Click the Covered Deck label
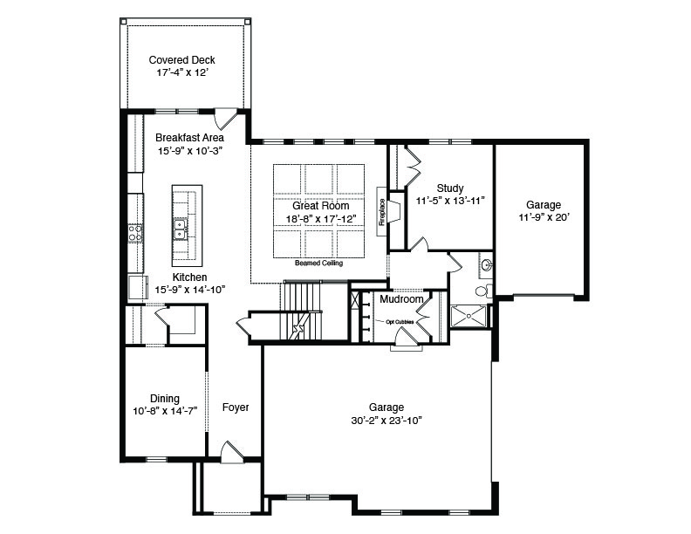click(x=181, y=60)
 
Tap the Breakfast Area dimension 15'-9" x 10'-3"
click(x=190, y=151)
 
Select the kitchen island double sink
click(x=180, y=229)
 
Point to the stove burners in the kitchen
click(x=135, y=233)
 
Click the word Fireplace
click(x=382, y=212)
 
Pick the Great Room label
click(x=321, y=206)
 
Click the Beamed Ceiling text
click(x=318, y=263)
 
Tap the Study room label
click(x=450, y=188)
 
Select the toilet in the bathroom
click(x=483, y=291)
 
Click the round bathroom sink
click(x=487, y=265)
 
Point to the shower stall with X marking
click(x=469, y=317)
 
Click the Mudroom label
click(x=401, y=299)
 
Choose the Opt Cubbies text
click(x=400, y=322)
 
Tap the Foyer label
click(x=236, y=407)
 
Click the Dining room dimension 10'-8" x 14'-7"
click(x=165, y=412)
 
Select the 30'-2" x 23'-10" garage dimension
click(x=387, y=421)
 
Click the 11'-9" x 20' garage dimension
click(x=544, y=217)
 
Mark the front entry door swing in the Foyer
click(x=232, y=452)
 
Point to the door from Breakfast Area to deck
click(x=225, y=118)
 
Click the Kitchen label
click(x=189, y=277)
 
